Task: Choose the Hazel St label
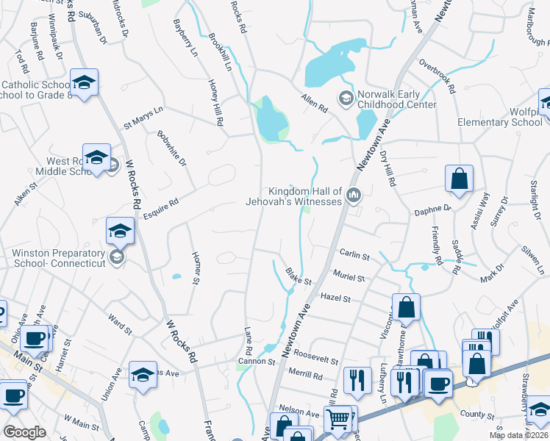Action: pyautogui.click(x=335, y=298)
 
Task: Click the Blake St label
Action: pyautogui.click(x=299, y=276)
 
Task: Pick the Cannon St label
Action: pyautogui.click(x=256, y=362)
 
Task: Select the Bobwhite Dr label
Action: pyautogui.click(x=172, y=147)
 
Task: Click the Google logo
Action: pyautogui.click(x=24, y=432)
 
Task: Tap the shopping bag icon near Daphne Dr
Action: pyautogui.click(x=459, y=179)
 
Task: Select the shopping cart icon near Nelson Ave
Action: pyautogui.click(x=338, y=419)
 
